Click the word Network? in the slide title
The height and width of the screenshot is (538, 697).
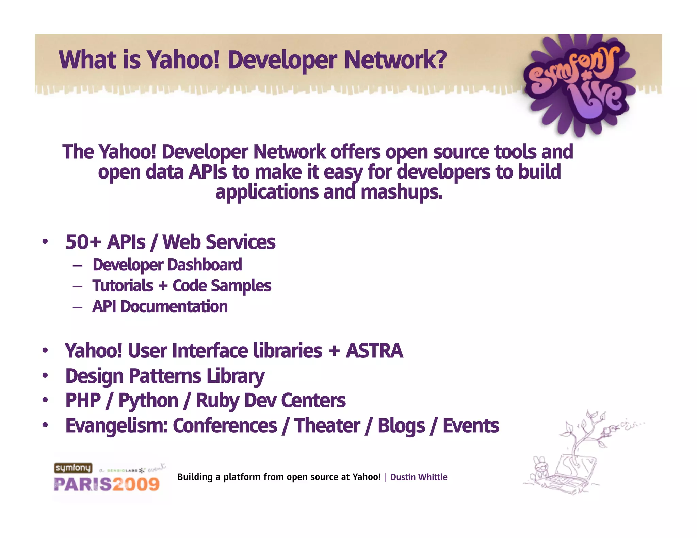pos(395,60)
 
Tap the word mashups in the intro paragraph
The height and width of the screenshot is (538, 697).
pos(402,192)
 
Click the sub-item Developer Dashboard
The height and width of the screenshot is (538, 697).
pos(167,265)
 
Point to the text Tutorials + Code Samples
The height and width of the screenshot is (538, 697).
pos(182,286)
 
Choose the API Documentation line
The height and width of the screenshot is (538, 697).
pos(160,307)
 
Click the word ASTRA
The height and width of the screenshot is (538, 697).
pos(374,351)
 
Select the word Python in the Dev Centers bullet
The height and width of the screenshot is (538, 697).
pos(148,401)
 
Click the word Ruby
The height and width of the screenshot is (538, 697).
pos(217,401)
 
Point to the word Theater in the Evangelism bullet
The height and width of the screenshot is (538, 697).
pos(327,426)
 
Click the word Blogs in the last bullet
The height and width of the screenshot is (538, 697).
pos(401,426)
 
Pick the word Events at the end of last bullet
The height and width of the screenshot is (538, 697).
pos(471,426)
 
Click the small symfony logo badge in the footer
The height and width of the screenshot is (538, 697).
pos(73,468)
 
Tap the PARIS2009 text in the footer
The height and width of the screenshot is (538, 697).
pos(107,484)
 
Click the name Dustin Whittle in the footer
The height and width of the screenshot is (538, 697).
pos(419,477)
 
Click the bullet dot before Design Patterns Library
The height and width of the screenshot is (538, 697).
pos(45,376)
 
